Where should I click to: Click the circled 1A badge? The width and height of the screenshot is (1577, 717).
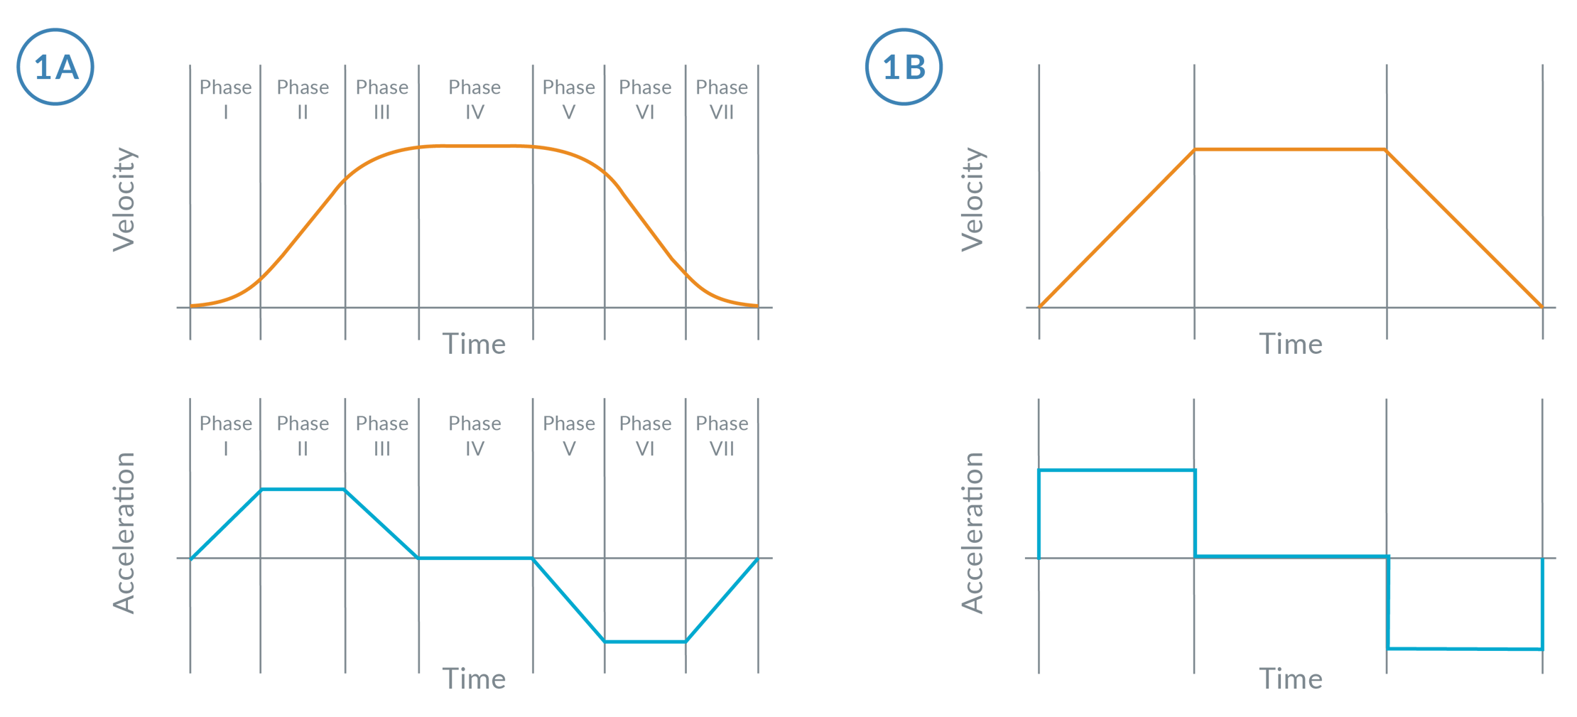55,67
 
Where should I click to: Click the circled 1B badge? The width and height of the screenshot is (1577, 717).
904,67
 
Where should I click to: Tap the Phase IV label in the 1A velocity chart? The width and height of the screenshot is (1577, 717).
475,99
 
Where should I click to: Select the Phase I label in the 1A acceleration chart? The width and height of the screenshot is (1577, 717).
225,436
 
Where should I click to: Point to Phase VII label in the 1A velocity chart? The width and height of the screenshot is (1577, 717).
722,99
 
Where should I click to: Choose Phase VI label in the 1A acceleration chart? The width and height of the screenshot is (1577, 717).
645,436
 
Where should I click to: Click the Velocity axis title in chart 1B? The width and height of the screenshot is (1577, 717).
972,199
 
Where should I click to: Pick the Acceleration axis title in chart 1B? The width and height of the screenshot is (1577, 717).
972,533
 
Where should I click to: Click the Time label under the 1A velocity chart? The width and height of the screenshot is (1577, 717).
474,344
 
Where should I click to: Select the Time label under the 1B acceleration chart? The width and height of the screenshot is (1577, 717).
1291,679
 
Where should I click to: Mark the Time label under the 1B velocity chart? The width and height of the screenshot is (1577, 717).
1291,344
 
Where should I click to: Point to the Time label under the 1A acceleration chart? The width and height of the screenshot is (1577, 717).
474,679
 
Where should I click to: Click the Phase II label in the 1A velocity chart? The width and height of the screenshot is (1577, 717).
303,99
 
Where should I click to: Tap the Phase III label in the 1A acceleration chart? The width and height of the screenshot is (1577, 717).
382,436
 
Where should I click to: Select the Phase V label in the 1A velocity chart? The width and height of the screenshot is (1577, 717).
568,99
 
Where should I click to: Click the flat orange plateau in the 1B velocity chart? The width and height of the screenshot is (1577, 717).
1290,149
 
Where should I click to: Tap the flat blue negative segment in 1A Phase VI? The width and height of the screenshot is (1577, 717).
645,642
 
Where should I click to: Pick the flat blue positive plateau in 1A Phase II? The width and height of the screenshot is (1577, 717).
303,489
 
